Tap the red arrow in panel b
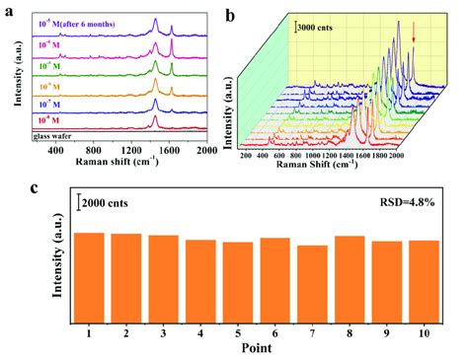pos(413,40)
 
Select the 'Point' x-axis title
pos(256,347)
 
